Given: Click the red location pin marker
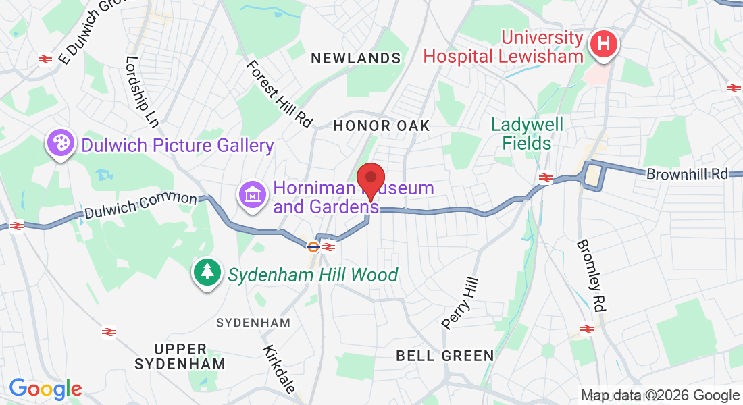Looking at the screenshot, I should pos(371,179).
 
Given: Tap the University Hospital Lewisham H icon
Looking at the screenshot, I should pos(605,45).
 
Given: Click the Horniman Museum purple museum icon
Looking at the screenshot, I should pos(252,195).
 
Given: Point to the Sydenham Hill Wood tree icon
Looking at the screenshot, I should pos(207,272).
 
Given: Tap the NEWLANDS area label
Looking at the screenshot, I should pos(356,59).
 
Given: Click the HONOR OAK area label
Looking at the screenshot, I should pos(382,126).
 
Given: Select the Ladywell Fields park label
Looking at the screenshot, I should pos(527,134).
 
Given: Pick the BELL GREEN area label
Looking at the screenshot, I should pos(445,355).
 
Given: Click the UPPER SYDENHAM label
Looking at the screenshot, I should pos(180,356).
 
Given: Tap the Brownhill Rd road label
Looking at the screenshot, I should pos(688,173).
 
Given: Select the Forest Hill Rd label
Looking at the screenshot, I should pos(280,94).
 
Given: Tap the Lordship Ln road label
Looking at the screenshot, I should pos(142,92).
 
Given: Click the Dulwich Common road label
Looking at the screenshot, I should pos(141,207).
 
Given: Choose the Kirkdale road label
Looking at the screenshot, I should pos(280,370).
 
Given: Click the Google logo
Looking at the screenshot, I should pos(45,389).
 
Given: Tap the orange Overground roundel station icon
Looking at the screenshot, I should pos(313,246).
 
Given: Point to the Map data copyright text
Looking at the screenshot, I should pos(661,396).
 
